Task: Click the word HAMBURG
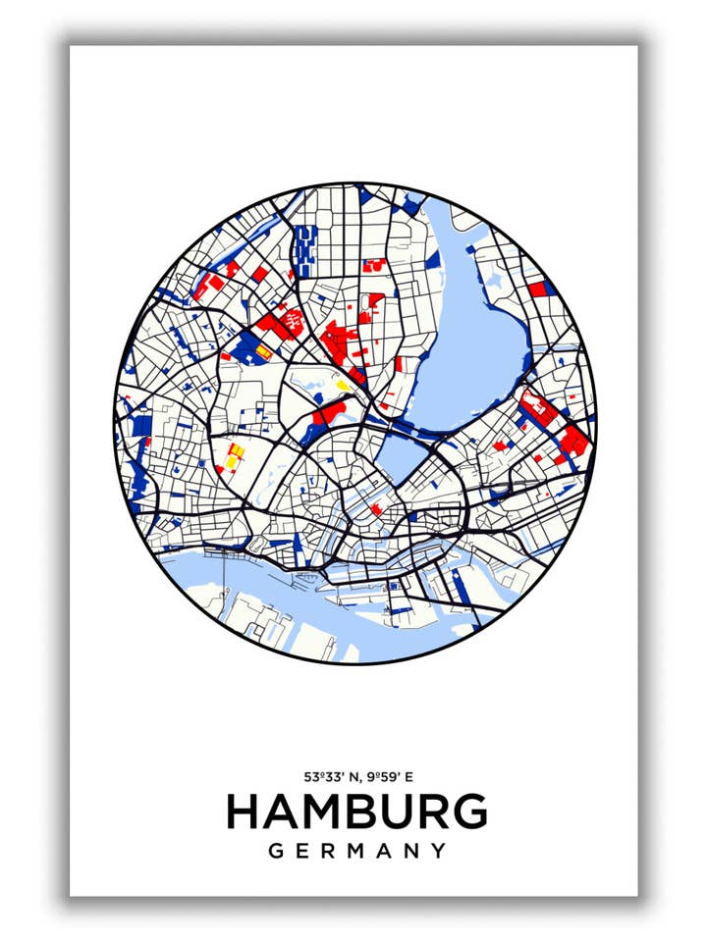(x=356, y=812)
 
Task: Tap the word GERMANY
(x=356, y=851)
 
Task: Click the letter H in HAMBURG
(x=244, y=812)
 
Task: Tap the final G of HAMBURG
(x=469, y=812)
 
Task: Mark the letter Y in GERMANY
(x=438, y=851)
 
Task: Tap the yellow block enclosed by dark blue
(x=263, y=351)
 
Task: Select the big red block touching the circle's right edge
(x=574, y=443)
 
